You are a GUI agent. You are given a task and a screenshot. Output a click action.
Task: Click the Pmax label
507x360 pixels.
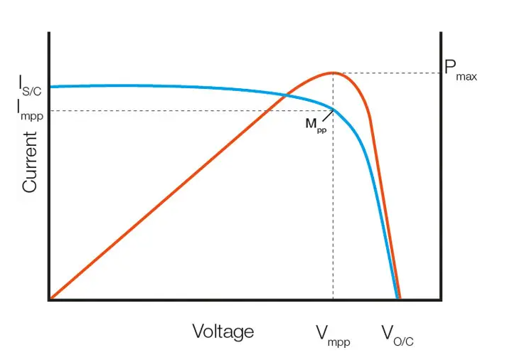click(459, 70)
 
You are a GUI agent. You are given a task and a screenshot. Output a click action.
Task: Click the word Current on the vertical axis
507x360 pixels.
click(29, 162)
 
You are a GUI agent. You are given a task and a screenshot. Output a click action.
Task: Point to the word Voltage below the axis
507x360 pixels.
click(223, 331)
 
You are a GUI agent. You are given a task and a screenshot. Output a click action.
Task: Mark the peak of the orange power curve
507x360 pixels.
click(332, 73)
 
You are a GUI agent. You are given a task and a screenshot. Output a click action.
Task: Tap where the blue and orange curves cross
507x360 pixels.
click(286, 95)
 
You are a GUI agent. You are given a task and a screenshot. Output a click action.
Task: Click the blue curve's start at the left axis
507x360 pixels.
click(51, 87)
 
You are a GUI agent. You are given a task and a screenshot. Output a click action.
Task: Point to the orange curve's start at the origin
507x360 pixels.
click(51, 298)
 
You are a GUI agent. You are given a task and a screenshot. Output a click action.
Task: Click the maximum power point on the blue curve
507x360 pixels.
click(333, 109)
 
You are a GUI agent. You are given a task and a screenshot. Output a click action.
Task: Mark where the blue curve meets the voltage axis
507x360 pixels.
click(396, 298)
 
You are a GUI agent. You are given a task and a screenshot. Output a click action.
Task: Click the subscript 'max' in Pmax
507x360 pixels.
click(466, 75)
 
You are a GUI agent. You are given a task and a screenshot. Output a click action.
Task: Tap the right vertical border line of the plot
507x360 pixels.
click(441, 178)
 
